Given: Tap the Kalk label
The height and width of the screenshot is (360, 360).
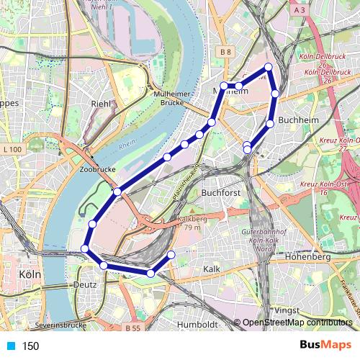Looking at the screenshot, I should (212, 269).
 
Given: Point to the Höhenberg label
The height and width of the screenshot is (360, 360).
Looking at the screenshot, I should (307, 256).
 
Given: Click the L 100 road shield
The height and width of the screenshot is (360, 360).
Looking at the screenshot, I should (12, 148).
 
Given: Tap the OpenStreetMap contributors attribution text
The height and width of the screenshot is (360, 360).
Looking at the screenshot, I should (297, 323).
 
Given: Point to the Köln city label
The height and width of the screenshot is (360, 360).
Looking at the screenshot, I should (31, 275).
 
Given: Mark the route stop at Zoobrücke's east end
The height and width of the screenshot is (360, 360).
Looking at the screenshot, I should (117, 192).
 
